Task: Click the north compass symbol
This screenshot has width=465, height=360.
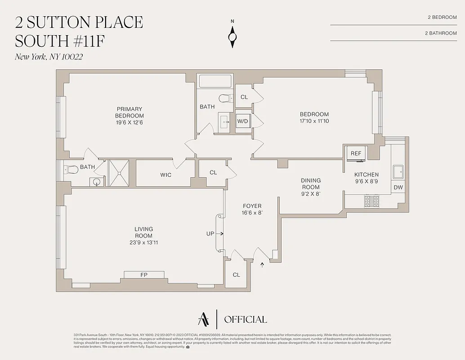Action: [233, 35]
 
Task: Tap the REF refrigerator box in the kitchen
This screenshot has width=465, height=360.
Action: [356, 153]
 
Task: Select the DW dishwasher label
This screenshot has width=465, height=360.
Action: [398, 188]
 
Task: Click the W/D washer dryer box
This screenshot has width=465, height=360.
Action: [243, 121]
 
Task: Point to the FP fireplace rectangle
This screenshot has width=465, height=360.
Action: [144, 274]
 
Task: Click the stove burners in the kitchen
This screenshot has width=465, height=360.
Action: [371, 201]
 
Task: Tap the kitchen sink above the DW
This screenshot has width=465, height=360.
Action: [398, 172]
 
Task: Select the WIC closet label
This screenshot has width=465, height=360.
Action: [165, 175]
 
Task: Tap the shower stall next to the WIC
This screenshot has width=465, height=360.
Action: [118, 172]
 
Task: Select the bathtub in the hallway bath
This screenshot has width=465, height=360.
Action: [215, 81]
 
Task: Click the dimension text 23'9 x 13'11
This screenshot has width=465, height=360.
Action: [143, 243]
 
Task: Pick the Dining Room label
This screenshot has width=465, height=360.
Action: [310, 184]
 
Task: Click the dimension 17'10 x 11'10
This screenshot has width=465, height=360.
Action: [314, 121]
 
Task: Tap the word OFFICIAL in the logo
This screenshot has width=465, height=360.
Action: [245, 319]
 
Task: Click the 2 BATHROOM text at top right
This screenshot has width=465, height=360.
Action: [440, 33]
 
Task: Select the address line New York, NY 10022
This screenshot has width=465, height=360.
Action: [49, 57]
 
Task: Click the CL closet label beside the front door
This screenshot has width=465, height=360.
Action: [236, 274]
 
